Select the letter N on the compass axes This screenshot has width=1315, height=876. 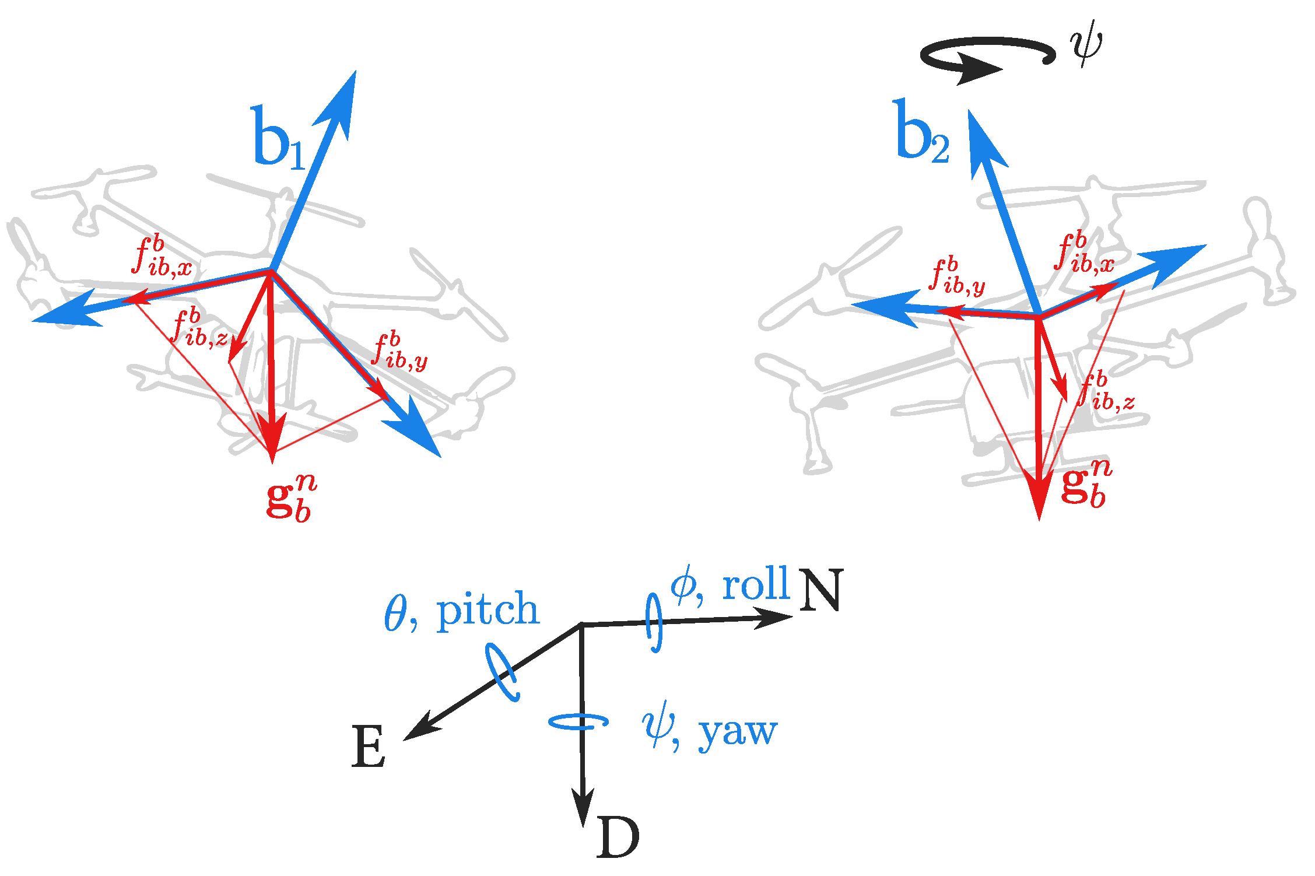(x=821, y=590)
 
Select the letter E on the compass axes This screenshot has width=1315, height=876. (x=369, y=747)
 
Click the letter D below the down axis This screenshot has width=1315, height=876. (x=618, y=838)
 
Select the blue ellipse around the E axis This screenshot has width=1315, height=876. (x=503, y=672)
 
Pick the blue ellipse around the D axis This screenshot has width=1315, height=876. (x=578, y=722)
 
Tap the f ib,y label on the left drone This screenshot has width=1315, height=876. (x=400, y=352)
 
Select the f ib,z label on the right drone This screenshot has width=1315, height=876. (x=1106, y=391)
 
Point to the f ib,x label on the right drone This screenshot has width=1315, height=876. (x=1084, y=254)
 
